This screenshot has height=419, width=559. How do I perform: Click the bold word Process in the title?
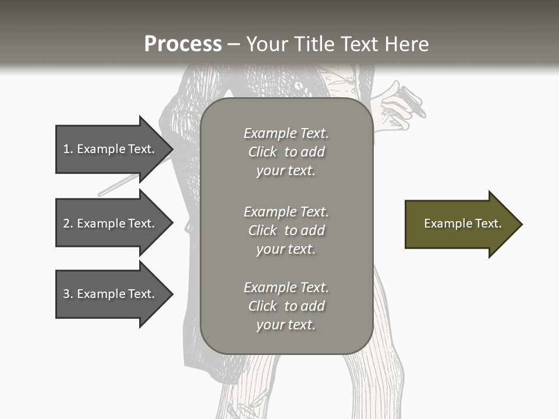click(183, 44)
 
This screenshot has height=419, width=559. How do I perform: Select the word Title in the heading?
click(313, 44)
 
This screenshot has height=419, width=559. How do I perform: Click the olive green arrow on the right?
click(460, 224)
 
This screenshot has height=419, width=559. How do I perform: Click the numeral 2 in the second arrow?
click(66, 223)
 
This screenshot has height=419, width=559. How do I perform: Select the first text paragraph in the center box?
click(286, 152)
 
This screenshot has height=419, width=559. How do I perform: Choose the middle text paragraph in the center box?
click(286, 230)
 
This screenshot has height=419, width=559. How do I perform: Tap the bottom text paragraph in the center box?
click(286, 306)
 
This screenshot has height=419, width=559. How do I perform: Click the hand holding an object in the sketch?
click(402, 108)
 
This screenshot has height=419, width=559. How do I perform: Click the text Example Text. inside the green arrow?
click(462, 223)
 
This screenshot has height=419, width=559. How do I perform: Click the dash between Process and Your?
click(233, 44)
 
